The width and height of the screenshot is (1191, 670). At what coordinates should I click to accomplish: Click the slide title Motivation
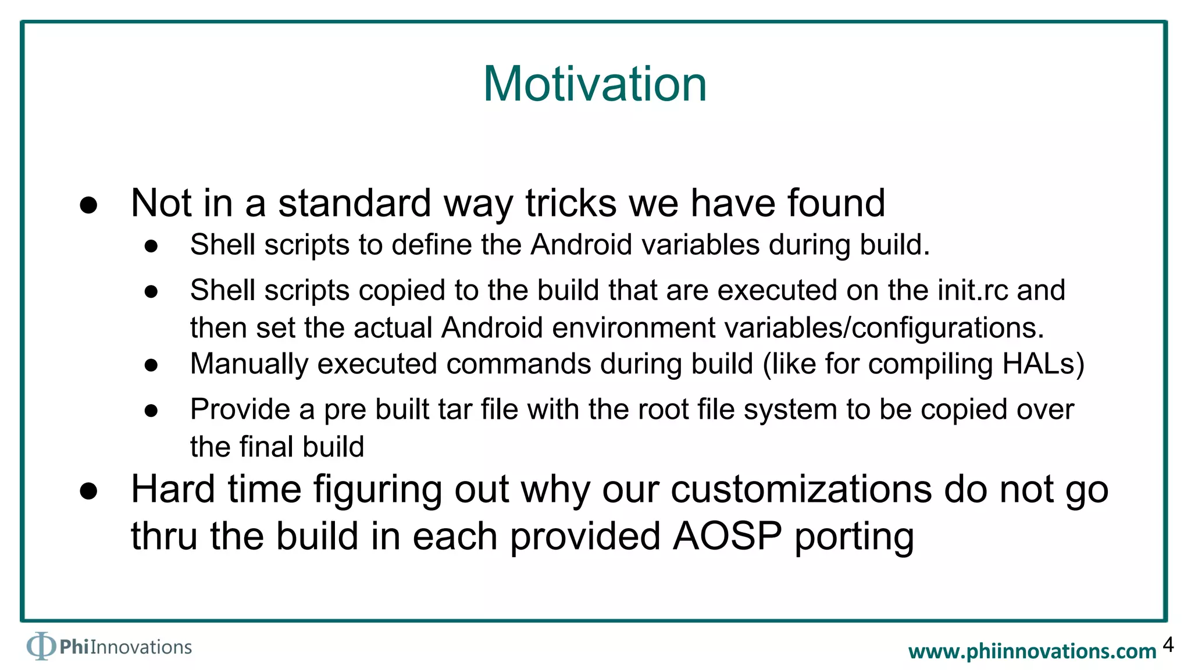click(x=595, y=84)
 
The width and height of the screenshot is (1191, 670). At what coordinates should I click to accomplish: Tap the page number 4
click(x=1168, y=645)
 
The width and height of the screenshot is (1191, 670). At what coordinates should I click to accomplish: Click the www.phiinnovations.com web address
click(x=1032, y=651)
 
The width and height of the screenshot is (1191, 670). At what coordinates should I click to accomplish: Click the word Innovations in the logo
click(x=141, y=647)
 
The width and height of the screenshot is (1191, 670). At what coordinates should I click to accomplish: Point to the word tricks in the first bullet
click(x=570, y=204)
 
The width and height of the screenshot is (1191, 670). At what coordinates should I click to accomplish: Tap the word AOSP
click(x=727, y=536)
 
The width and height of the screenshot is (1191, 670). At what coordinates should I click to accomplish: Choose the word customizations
click(x=801, y=489)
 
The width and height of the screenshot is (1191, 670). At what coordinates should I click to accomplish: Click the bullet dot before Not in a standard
click(x=88, y=205)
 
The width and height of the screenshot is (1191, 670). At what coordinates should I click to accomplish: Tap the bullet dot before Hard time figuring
click(x=88, y=491)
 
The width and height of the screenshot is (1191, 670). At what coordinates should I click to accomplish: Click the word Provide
click(x=240, y=409)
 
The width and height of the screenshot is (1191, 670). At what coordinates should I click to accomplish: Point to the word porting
click(x=854, y=537)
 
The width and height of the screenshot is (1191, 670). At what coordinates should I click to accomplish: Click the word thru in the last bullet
click(x=164, y=536)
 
